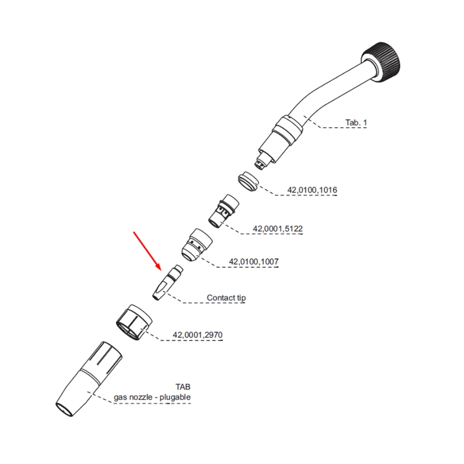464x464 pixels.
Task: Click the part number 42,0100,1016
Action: (x=312, y=190)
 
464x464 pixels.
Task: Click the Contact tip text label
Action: (x=226, y=298)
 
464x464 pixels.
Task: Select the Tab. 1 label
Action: (x=356, y=123)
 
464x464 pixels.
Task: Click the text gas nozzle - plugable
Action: (x=152, y=397)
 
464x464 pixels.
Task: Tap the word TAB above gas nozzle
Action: (x=183, y=387)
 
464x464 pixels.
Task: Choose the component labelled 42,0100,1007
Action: (x=195, y=245)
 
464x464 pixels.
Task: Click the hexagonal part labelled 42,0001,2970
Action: (x=134, y=322)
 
